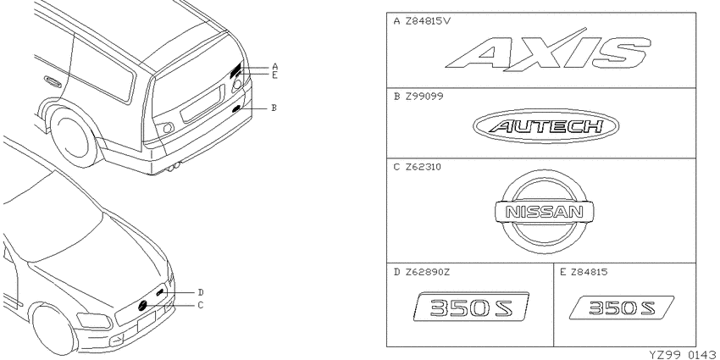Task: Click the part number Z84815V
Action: pos(428,21)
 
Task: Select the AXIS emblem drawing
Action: pos(548,51)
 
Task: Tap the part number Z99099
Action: pos(424,97)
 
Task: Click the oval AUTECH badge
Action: pos(546,126)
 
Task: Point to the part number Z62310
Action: pos(424,167)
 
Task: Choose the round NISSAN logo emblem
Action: pos(545,212)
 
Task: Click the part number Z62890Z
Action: pos(428,272)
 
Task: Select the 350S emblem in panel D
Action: pos(471,307)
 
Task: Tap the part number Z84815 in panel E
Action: pos(590,272)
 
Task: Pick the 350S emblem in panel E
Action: pos(622,307)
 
